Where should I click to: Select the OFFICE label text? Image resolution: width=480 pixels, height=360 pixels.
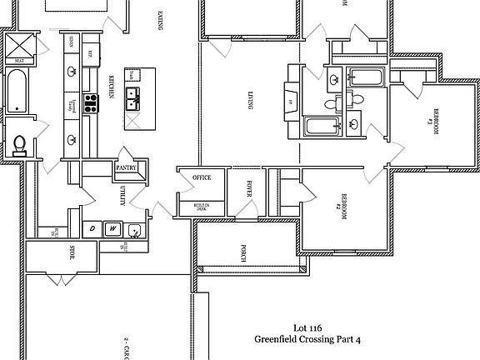[x=202, y=177]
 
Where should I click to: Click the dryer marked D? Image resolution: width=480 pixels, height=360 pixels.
[x=92, y=227]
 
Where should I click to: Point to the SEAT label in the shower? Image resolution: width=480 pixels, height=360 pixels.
[x=18, y=61]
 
